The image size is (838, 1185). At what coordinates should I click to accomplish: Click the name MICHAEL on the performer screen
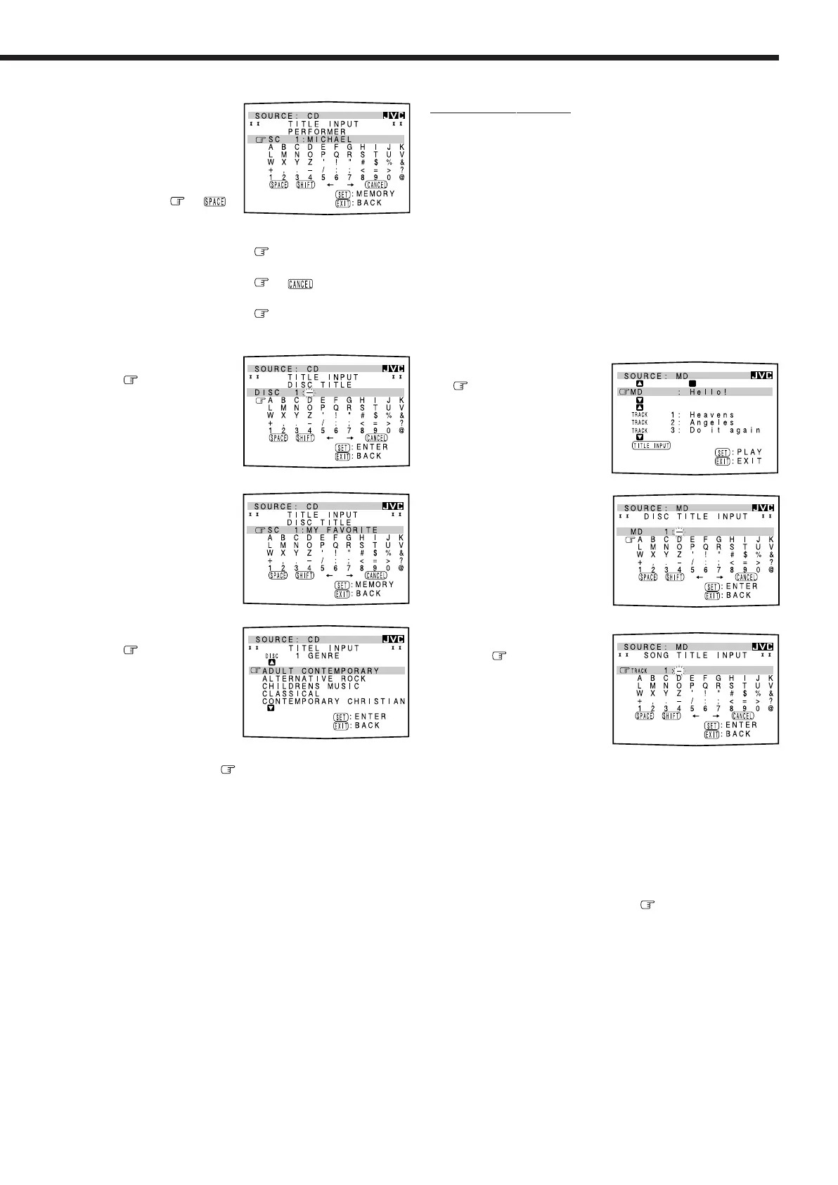(x=330, y=139)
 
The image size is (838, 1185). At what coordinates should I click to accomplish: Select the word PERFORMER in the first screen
(x=316, y=132)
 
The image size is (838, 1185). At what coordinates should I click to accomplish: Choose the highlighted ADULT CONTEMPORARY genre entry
(x=321, y=671)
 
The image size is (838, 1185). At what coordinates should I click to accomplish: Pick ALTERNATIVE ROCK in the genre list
(x=314, y=679)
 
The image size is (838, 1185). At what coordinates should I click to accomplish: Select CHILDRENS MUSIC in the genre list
(x=311, y=686)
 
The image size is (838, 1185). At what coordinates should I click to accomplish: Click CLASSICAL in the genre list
(x=291, y=693)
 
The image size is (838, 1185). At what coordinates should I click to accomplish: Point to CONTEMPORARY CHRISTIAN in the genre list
(x=334, y=701)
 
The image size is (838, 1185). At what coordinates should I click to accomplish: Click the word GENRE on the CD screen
(x=323, y=655)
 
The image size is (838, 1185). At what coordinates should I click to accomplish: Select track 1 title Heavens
(x=711, y=415)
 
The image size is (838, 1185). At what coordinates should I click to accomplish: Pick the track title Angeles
(x=711, y=423)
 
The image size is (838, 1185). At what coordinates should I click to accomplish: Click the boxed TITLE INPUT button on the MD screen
(x=650, y=445)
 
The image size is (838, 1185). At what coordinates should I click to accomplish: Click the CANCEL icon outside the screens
(x=300, y=284)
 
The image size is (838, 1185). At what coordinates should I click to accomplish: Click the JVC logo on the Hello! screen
(x=762, y=376)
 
